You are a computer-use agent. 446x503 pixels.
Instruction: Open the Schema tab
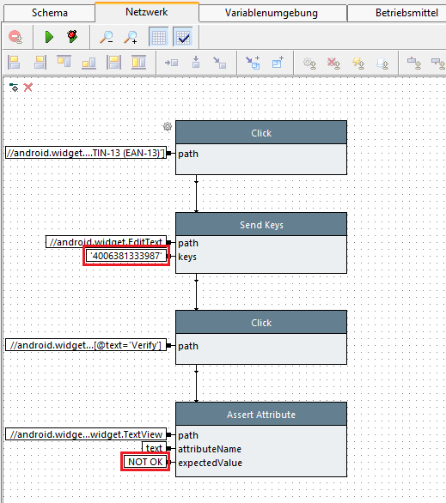click(50, 13)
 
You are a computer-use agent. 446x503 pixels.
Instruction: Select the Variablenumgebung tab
click(272, 13)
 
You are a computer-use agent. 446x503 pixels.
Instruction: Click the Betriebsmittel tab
click(406, 13)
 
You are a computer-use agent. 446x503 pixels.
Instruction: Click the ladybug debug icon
click(72, 36)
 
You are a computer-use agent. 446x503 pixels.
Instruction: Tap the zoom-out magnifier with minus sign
click(107, 37)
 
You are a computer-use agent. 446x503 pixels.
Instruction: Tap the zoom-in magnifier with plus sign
click(131, 37)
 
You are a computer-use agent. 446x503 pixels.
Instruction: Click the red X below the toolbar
click(28, 88)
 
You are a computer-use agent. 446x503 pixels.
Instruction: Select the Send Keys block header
click(261, 225)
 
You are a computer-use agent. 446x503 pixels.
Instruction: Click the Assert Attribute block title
click(261, 415)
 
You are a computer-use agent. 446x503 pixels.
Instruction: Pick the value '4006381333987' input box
click(126, 256)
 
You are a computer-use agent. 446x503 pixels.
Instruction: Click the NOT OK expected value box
click(145, 462)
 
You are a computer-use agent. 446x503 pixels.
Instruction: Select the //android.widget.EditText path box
click(106, 242)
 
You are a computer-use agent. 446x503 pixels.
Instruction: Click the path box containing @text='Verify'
click(86, 345)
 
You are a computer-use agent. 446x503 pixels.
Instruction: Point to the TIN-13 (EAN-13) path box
click(86, 153)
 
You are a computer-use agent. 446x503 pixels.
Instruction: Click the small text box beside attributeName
click(154, 448)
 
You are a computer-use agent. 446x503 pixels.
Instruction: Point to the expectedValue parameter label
click(210, 463)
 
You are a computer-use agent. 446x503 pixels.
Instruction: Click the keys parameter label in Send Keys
click(187, 257)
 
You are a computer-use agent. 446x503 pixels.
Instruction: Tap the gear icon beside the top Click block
click(168, 126)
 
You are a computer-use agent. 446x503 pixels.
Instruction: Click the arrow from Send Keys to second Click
click(196, 292)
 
